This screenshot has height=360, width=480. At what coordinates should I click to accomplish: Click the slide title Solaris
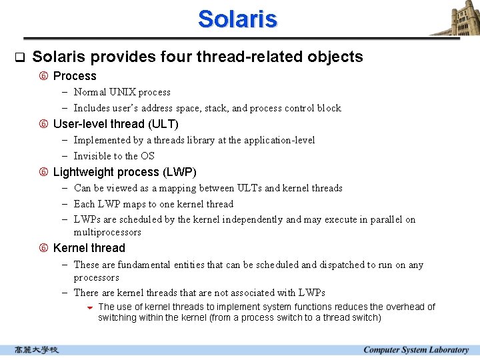click(237, 19)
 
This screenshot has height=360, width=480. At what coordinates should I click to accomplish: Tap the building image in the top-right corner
click(456, 18)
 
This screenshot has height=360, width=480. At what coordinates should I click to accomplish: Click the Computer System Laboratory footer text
click(416, 350)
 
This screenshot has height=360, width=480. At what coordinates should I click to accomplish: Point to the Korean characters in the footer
click(37, 350)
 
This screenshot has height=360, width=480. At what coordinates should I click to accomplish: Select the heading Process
click(75, 76)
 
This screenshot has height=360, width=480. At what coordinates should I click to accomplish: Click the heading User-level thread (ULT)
click(115, 124)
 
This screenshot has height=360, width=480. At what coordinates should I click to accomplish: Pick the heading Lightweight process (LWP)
click(125, 172)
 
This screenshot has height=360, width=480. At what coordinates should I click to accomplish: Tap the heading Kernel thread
click(89, 248)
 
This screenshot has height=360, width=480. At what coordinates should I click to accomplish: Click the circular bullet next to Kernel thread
click(44, 248)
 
